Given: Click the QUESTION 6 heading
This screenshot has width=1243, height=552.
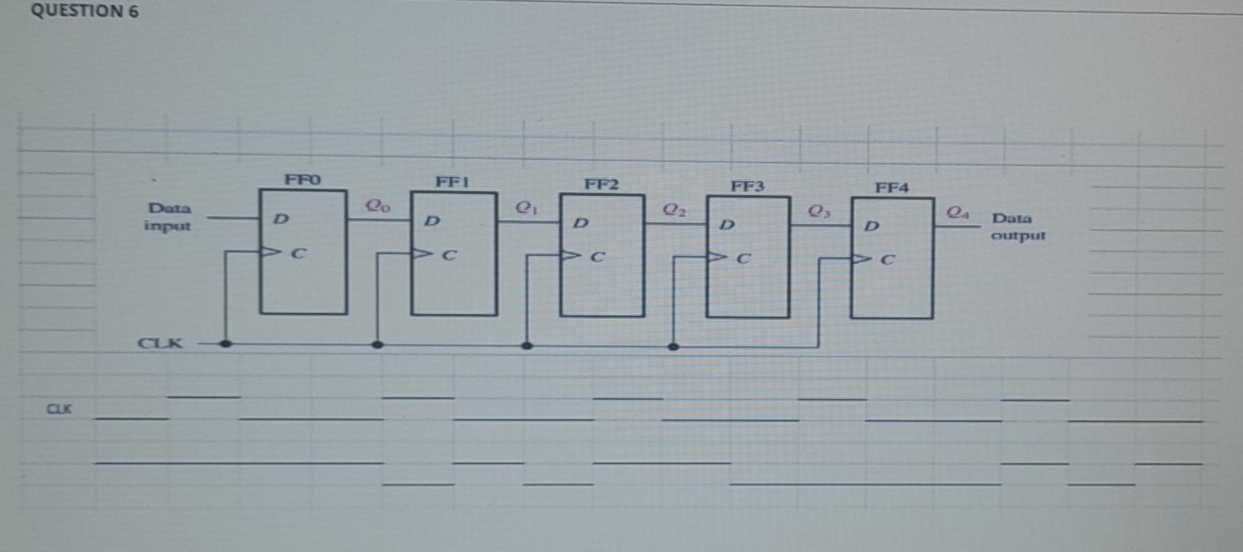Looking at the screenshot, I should pyautogui.click(x=85, y=11).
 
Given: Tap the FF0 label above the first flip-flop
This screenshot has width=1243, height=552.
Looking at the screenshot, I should pyautogui.click(x=302, y=179).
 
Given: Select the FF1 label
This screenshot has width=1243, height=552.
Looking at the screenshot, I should pyautogui.click(x=452, y=182).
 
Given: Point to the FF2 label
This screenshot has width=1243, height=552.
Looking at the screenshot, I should pyautogui.click(x=601, y=184).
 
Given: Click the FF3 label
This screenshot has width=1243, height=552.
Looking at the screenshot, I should pyautogui.click(x=748, y=186).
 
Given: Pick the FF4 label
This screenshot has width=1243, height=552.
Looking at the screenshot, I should pyautogui.click(x=892, y=188).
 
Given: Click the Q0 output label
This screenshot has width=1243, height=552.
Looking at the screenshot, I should pyautogui.click(x=377, y=206).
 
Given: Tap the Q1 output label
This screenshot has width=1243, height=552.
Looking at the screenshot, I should pyautogui.click(x=526, y=208).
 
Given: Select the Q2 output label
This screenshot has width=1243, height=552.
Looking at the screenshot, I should pyautogui.click(x=674, y=210).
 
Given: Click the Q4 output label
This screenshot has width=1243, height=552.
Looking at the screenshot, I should pyautogui.click(x=958, y=212).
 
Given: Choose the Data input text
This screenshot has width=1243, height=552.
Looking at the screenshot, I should pyautogui.click(x=168, y=217).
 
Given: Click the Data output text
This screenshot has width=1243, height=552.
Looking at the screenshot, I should pyautogui.click(x=1018, y=226).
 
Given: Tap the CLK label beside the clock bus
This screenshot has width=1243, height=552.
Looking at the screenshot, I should pyautogui.click(x=161, y=343).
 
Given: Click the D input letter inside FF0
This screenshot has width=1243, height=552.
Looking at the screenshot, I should pyautogui.click(x=280, y=219).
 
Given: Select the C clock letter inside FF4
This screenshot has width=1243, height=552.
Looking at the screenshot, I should pyautogui.click(x=888, y=260).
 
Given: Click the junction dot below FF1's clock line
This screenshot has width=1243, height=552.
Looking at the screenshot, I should pyautogui.click(x=377, y=345).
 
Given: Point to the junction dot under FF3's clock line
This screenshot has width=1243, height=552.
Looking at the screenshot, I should pyautogui.click(x=673, y=347).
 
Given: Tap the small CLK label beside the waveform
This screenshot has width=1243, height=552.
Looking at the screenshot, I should pyautogui.click(x=60, y=409).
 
